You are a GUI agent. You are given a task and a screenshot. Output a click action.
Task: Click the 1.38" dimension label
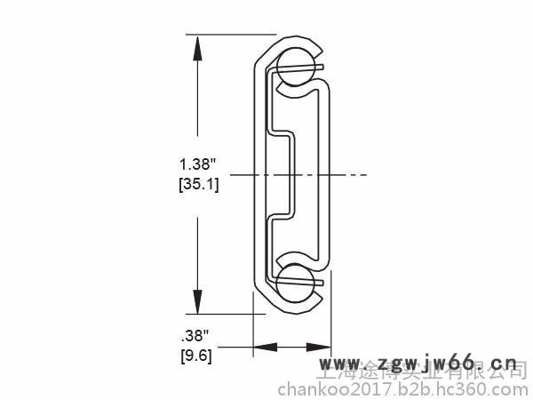[198, 164]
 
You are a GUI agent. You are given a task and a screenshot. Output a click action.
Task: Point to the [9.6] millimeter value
[195, 356]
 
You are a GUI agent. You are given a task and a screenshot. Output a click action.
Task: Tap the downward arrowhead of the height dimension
[195, 302]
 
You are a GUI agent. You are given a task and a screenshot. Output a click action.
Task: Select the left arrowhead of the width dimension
[263, 348]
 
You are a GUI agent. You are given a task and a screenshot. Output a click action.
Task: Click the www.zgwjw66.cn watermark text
[418, 364]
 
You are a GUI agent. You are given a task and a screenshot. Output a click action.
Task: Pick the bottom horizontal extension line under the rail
[222, 314]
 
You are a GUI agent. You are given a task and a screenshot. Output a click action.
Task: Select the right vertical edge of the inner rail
[330, 175]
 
